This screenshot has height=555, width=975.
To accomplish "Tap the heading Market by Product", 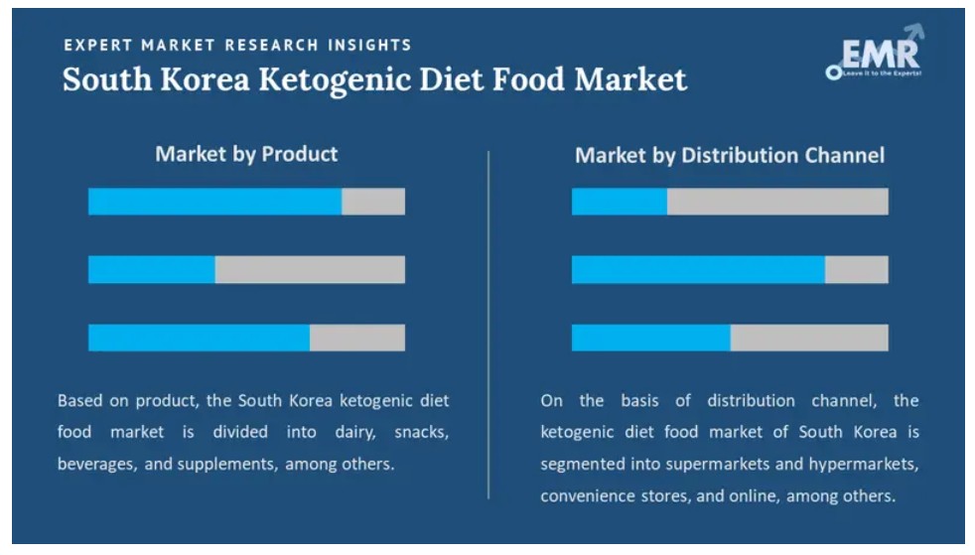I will click(246, 154).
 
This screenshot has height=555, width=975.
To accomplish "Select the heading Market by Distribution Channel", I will click(730, 155).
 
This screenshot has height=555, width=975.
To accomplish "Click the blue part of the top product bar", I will click(214, 202).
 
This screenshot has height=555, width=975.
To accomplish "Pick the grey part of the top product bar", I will click(373, 202).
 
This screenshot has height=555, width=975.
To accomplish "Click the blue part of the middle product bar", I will click(151, 269).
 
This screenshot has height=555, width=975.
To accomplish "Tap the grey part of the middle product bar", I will click(310, 269).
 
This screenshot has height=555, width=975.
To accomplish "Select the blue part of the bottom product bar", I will click(199, 338).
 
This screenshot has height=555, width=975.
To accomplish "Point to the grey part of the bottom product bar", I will click(357, 338).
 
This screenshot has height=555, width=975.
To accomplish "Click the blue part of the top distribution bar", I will click(619, 202).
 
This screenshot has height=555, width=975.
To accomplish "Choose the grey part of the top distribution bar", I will click(777, 202).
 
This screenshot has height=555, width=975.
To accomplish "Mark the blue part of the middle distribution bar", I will click(698, 269).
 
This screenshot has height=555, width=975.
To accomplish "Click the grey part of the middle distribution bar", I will click(857, 269).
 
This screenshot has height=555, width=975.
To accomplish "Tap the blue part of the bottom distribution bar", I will click(650, 338).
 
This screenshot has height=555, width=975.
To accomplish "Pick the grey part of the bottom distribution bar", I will click(809, 338).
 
